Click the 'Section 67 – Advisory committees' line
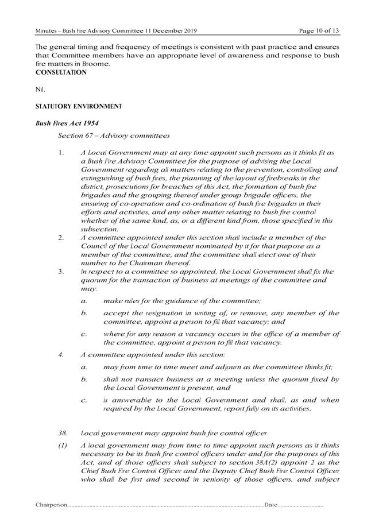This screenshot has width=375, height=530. (113, 136)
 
